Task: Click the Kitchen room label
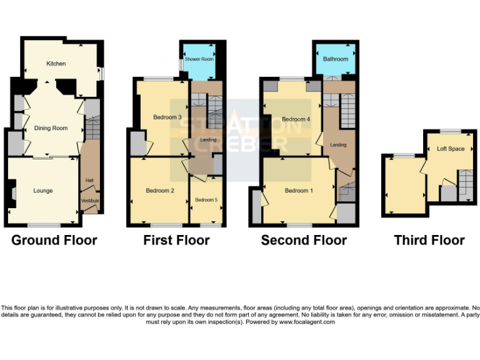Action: (56, 64)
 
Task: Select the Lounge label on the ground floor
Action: (42, 191)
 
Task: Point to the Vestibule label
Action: (90, 201)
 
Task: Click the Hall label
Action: (89, 181)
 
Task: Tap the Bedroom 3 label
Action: (167, 117)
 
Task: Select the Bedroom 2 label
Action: (159, 191)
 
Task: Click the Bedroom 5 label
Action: (206, 200)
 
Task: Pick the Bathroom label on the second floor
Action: (336, 59)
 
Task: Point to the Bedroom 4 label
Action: (296, 119)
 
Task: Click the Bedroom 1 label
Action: (299, 191)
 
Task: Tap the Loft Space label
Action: (451, 149)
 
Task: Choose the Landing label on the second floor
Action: (338, 145)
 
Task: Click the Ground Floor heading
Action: (54, 240)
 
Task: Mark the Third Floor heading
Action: (429, 240)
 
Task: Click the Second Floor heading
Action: (304, 240)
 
